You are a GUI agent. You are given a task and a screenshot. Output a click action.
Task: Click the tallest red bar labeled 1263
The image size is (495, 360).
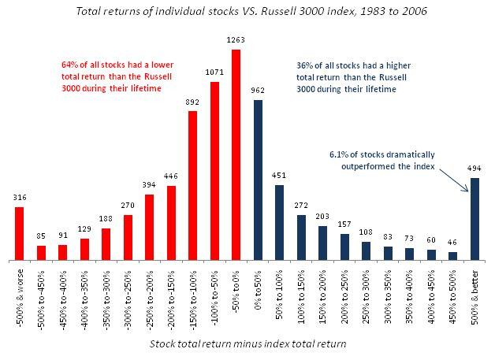coord(236,154)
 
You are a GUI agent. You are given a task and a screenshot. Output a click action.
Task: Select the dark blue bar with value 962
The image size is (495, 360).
coord(258,180)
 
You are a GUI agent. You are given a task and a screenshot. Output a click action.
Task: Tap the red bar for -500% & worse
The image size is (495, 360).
coord(20,233)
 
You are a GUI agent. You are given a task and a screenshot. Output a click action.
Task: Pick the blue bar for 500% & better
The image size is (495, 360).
coord(475,219)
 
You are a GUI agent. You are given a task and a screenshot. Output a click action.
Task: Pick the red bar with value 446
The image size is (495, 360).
coord(171,223)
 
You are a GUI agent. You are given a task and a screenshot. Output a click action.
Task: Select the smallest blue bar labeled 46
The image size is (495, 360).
coord(452,256)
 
